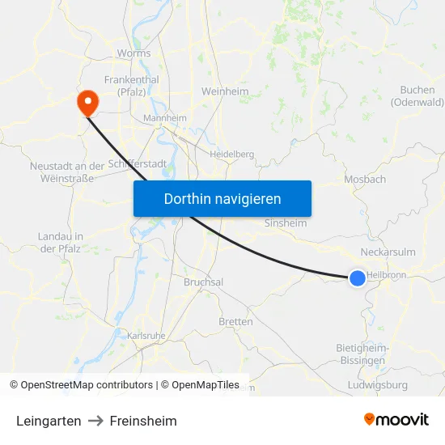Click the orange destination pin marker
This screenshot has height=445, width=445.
coord(86,102)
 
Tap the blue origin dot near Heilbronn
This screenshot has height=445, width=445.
coord(358,278)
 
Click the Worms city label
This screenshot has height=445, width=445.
coord(133,53)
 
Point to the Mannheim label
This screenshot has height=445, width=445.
coord(164,118)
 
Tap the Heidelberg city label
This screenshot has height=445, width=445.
coord(231,154)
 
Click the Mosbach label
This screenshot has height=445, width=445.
coord(365,180)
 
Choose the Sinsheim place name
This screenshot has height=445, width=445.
coord(286,222)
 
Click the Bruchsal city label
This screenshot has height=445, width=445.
coord(203,282)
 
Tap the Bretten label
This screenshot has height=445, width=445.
coord(235,321)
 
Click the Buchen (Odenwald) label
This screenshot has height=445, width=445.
coord(417,96)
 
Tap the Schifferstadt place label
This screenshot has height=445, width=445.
coord(137,163)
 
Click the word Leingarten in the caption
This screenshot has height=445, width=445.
coord(49,421)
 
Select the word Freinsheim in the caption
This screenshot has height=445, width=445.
coord(143,421)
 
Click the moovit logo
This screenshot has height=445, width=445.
coord(396,419)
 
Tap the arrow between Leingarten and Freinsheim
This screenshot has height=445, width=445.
coord(95,421)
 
